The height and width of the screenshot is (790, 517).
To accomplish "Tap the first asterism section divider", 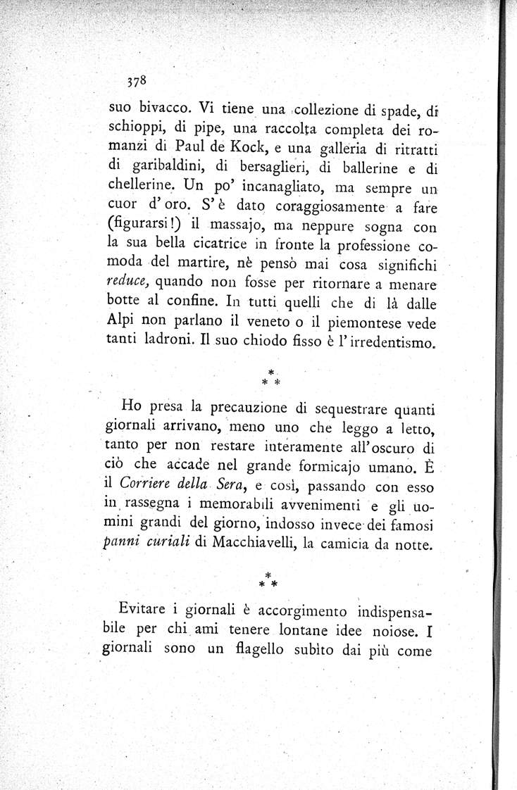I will point(271,377).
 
